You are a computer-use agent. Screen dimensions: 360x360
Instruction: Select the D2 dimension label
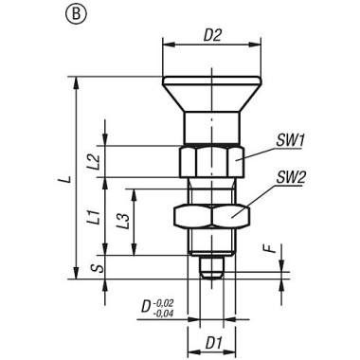[x=213, y=36]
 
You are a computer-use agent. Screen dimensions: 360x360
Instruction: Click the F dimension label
[x=269, y=251]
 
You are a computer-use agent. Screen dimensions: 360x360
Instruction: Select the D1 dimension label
[x=213, y=339]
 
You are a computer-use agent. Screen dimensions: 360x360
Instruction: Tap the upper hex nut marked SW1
[x=209, y=161]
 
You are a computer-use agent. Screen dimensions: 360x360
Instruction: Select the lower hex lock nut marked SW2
[x=210, y=217]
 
